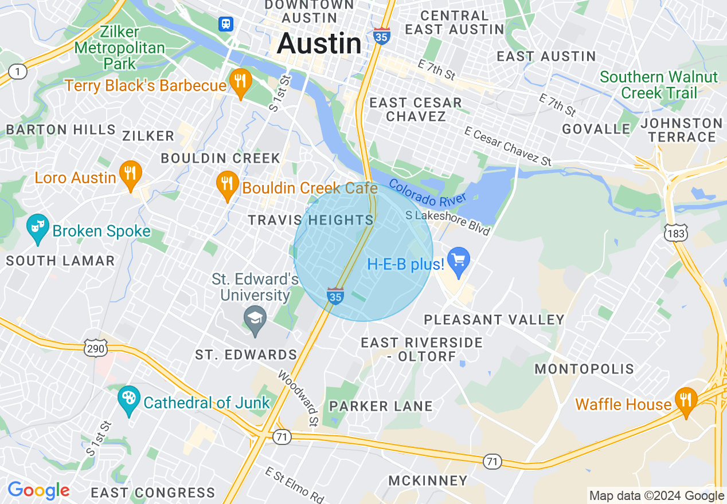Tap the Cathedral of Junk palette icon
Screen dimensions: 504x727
128,400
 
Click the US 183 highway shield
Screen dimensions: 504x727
673,233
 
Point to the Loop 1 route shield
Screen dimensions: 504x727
18,72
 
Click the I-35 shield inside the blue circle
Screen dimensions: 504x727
335,296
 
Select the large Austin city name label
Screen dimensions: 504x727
319,44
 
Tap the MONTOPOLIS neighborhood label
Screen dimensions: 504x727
584,369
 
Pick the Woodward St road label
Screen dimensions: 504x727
298,399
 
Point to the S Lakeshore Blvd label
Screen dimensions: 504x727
448,223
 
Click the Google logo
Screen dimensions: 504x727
38,490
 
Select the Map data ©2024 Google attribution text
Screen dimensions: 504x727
656,496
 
